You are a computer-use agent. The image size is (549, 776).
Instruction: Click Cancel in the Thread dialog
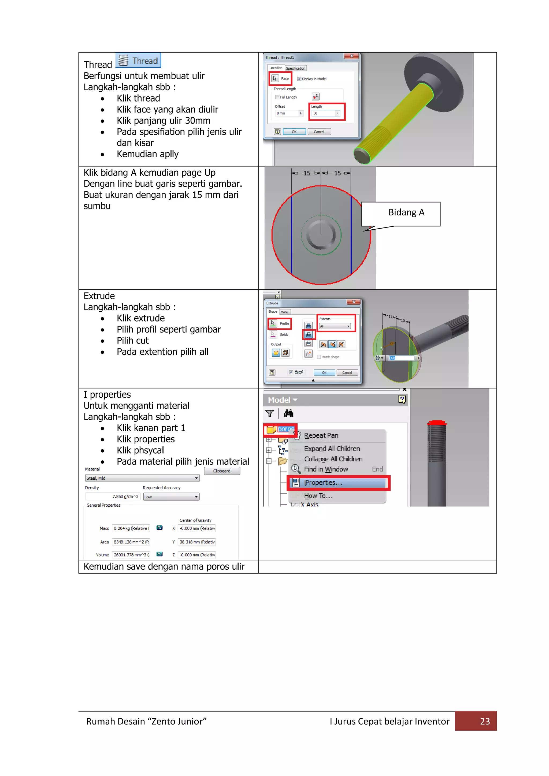pos(319,132)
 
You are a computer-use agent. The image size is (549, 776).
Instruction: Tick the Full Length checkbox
pos(277,97)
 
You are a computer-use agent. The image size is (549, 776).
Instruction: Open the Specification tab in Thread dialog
pos(295,68)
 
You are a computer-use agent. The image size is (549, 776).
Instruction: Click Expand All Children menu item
pos(332,449)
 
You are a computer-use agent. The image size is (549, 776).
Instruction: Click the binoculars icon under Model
pos(289,413)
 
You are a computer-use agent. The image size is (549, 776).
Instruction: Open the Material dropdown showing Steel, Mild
pos(142,478)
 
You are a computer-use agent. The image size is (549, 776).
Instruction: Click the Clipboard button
pos(222,471)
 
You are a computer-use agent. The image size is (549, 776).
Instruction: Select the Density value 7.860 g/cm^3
pos(113,497)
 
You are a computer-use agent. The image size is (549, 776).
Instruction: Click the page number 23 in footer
pos(485,721)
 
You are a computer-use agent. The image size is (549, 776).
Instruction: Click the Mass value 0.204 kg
pos(131,528)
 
